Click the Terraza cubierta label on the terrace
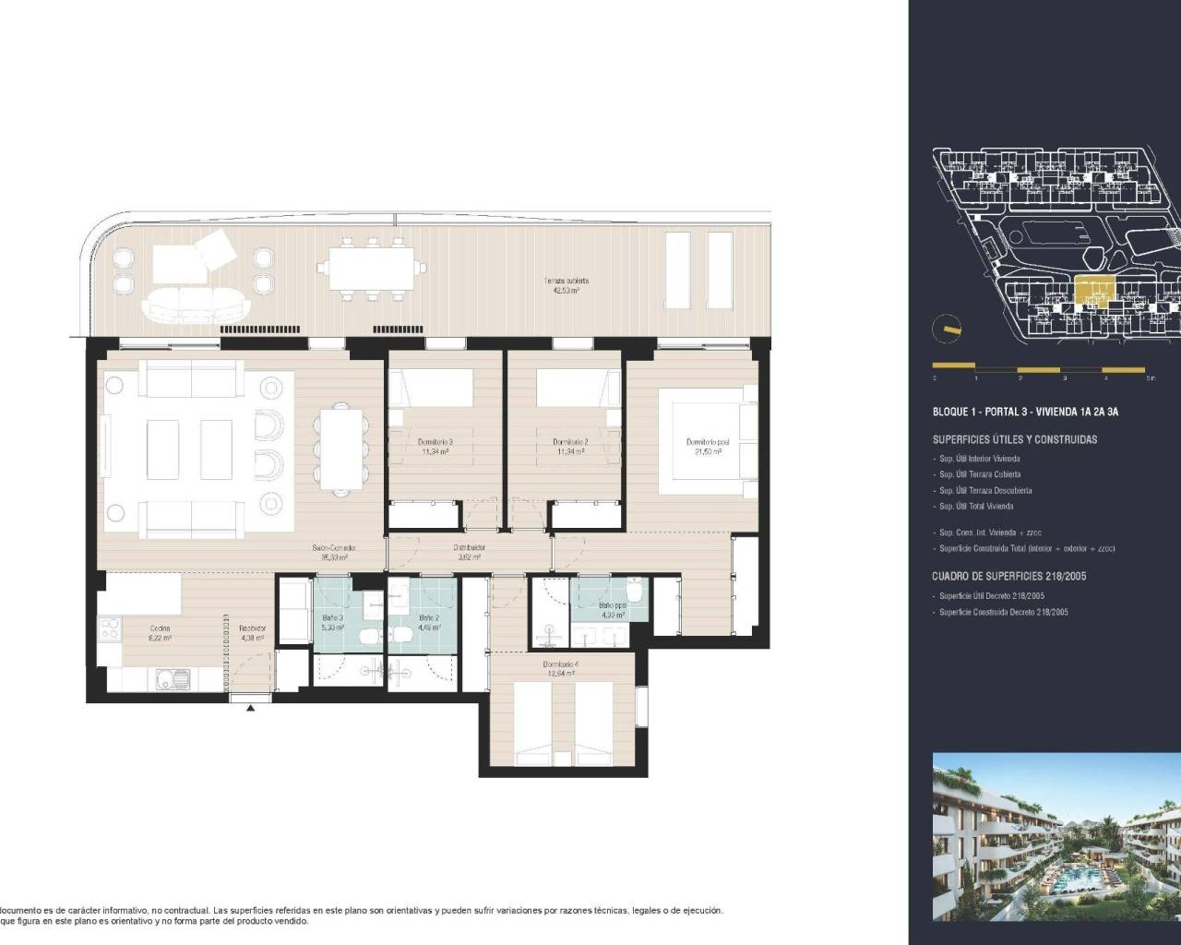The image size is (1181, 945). pos(567,285)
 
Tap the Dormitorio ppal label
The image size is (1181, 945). pos(708,447)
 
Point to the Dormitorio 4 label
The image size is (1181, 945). pos(560,669)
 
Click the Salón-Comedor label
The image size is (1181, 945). pos(333,552)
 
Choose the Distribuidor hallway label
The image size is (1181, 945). pos(469,552)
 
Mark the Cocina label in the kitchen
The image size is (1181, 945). pos(160,632)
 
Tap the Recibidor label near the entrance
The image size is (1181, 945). pos(253,632)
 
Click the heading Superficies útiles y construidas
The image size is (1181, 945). pos(1015,440)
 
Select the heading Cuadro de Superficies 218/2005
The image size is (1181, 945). pos(1008,577)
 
